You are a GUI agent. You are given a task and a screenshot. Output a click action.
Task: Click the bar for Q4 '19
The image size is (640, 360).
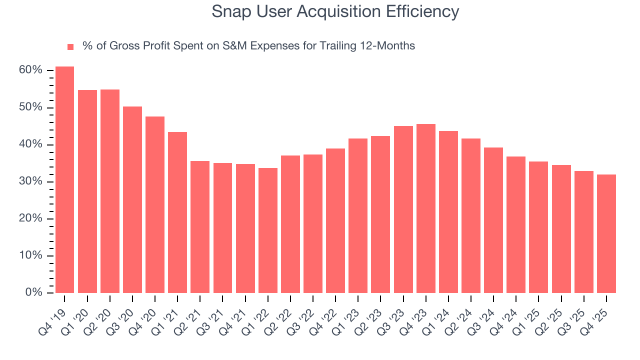pos(64,179)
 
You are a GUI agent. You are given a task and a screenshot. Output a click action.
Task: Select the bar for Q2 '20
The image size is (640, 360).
pos(110,191)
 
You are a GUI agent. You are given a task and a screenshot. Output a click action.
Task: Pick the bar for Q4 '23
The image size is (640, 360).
pos(426,208)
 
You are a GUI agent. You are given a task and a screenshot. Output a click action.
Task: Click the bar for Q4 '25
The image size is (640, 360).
pos(606,233)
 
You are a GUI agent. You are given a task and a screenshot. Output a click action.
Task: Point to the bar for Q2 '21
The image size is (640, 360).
pos(200,226)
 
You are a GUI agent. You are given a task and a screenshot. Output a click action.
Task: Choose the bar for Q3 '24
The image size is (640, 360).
pos(493,220)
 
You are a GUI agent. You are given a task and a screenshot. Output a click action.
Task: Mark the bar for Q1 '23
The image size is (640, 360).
pos(358,215)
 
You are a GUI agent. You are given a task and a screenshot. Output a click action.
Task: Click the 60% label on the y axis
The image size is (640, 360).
pos(30,70)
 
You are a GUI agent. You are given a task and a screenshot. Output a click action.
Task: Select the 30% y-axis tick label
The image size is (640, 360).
pos(30,181)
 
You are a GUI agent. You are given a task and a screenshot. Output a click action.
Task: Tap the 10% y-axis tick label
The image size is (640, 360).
pos(30,255)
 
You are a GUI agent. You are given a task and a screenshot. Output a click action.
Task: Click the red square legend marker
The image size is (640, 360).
pos(70,46)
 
